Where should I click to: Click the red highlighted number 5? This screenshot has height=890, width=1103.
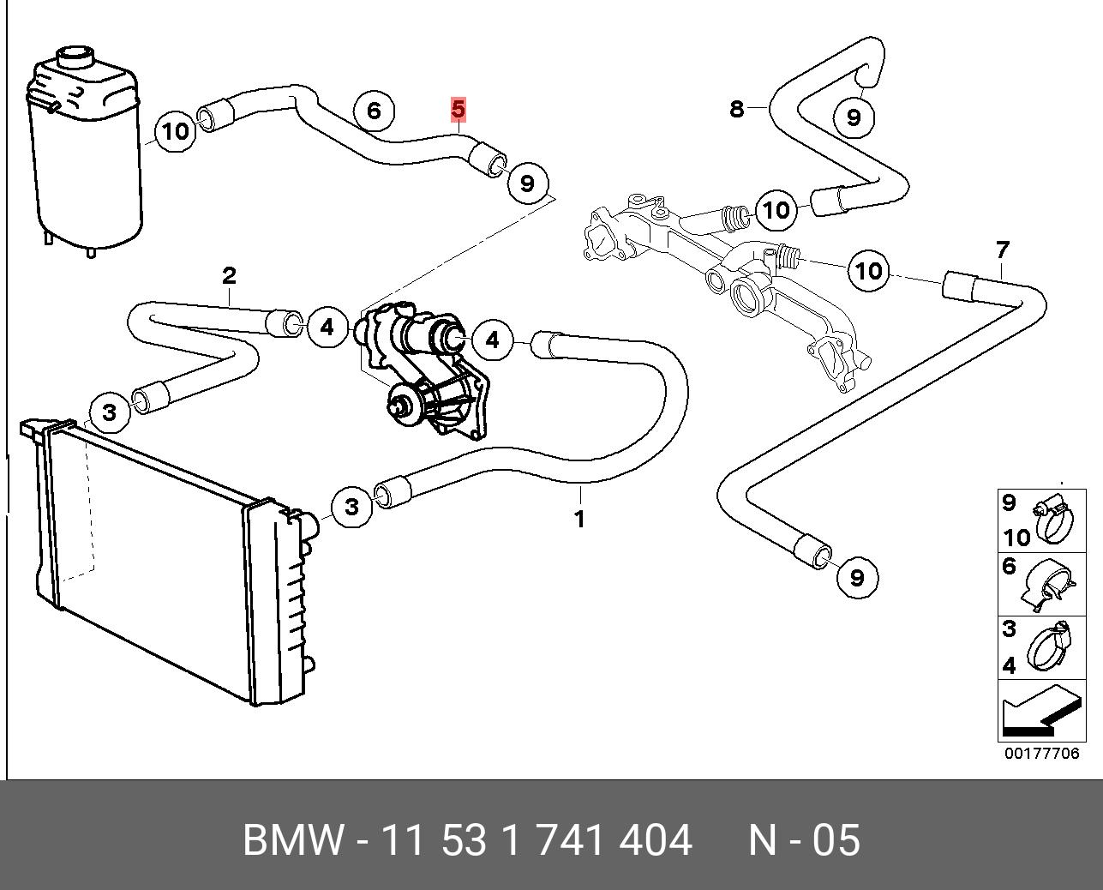pyautogui.click(x=458, y=109)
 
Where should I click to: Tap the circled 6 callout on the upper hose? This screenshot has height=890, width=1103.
pyautogui.click(x=373, y=111)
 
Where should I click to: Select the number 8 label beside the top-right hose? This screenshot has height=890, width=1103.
pyautogui.click(x=736, y=109)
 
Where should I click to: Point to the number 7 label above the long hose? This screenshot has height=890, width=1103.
pyautogui.click(x=1003, y=250)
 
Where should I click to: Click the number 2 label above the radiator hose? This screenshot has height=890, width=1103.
pyautogui.click(x=229, y=275)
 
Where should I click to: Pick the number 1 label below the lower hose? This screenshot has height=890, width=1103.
pyautogui.click(x=579, y=519)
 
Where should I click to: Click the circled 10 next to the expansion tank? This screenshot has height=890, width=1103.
pyautogui.click(x=176, y=131)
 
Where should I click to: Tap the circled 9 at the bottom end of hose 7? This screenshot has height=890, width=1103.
pyautogui.click(x=857, y=577)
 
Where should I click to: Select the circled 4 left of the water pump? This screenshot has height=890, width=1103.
pyautogui.click(x=327, y=327)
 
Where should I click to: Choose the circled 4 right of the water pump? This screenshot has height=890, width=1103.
pyautogui.click(x=492, y=340)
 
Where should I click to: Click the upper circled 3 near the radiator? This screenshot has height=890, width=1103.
pyautogui.click(x=110, y=412)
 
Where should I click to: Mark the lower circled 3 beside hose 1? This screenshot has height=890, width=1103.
pyautogui.click(x=351, y=506)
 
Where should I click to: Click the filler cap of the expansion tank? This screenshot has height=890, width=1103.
pyautogui.click(x=75, y=57)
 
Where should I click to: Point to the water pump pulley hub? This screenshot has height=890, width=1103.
pyautogui.click(x=401, y=403)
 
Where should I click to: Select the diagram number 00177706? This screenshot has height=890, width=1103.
pyautogui.click(x=1041, y=754)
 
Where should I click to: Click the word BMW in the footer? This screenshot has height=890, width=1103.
pyautogui.click(x=294, y=840)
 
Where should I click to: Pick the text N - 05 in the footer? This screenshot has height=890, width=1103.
pyautogui.click(x=804, y=840)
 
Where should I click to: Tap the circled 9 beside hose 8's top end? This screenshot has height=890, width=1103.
pyautogui.click(x=853, y=117)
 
